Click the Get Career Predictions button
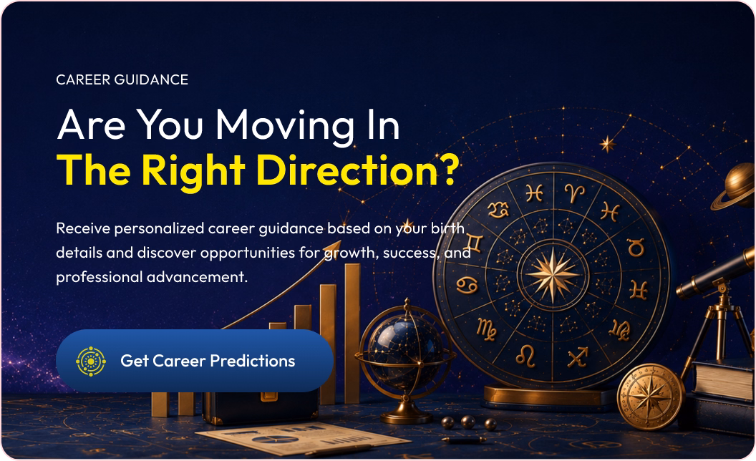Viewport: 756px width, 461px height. tap(194, 361)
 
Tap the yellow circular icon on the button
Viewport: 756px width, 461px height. tap(91, 361)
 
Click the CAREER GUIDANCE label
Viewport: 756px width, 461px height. tap(122, 79)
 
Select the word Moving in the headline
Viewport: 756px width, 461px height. tap(285, 126)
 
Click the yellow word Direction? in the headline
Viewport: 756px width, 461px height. tap(357, 170)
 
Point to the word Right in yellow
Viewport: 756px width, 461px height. tap(193, 173)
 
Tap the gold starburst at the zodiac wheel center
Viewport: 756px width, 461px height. tap(553, 274)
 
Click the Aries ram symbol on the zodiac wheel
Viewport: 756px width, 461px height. tap(575, 193)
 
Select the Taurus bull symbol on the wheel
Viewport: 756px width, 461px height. tap(636, 248)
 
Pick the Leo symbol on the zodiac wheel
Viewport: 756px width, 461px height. tap(525, 356)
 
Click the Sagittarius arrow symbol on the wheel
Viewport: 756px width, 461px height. tap(578, 356)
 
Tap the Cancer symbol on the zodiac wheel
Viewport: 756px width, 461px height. tap(467, 285)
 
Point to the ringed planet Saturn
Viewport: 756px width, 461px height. tap(735, 186)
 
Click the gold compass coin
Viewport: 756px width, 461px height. tap(651, 397)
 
